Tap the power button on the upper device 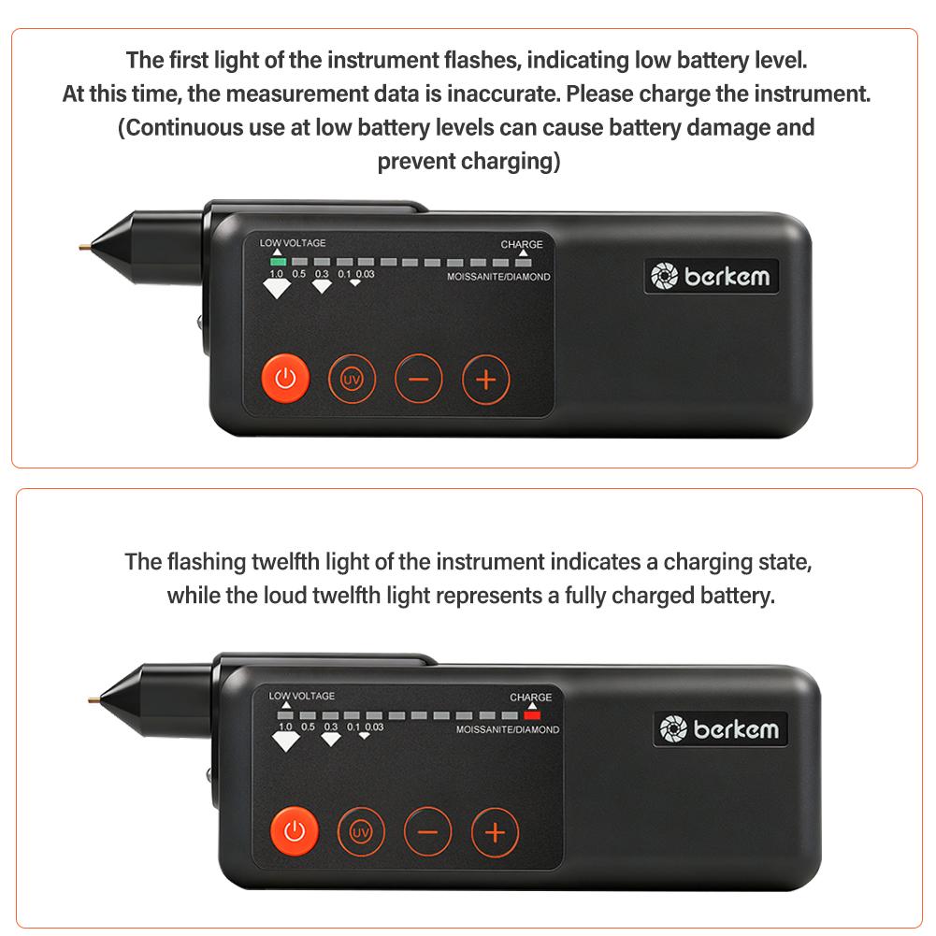(x=285, y=379)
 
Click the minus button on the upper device (x=419, y=379)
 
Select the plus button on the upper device (x=486, y=380)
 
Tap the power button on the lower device (x=295, y=831)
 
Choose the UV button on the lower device (x=361, y=832)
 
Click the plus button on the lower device (x=495, y=833)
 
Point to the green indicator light (x=278, y=262)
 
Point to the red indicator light (x=532, y=715)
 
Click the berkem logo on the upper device (x=711, y=277)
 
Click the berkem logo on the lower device (x=721, y=728)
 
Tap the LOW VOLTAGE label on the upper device (x=293, y=243)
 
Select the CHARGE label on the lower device (x=531, y=697)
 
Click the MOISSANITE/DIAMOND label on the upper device (x=498, y=277)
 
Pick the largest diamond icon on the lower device (x=286, y=742)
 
